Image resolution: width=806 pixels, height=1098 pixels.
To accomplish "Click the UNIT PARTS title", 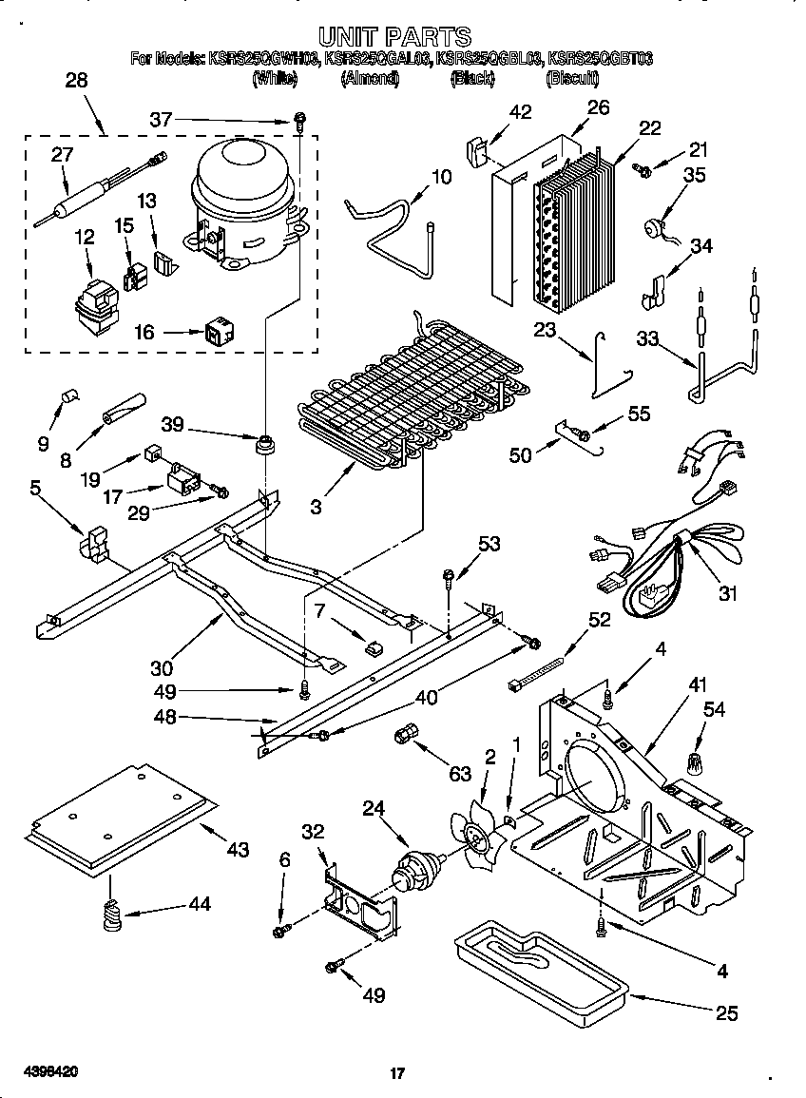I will click(393, 37).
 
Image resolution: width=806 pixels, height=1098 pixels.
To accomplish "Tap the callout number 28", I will click(76, 81).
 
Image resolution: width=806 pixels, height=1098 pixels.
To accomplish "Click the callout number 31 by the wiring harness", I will click(727, 595).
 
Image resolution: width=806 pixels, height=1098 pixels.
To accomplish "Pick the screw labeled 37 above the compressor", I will click(299, 121).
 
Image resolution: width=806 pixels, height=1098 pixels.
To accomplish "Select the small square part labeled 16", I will click(217, 333).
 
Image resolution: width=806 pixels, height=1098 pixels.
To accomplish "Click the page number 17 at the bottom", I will click(398, 1073).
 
